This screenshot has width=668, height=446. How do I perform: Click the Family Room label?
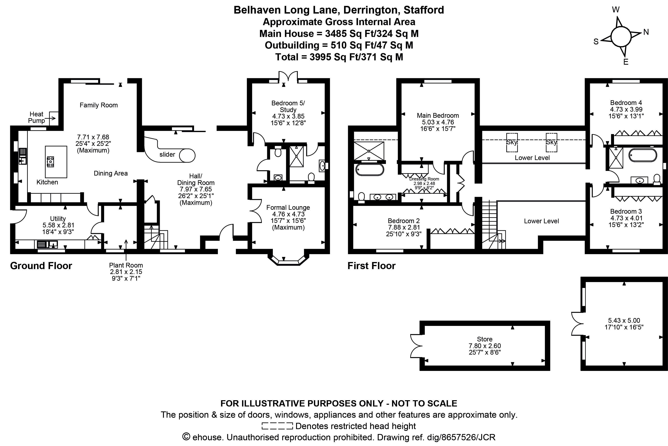99,105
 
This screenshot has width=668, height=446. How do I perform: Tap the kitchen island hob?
50,162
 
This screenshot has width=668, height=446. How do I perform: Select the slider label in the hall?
167,154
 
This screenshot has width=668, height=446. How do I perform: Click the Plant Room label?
126,265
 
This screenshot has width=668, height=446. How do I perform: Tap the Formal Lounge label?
288,208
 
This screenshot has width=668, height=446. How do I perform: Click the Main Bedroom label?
438,116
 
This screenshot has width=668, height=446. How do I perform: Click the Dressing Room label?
424,179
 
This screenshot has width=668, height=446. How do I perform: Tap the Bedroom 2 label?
404,221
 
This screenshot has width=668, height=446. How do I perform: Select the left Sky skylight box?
512,143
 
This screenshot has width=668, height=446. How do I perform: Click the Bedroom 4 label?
626,103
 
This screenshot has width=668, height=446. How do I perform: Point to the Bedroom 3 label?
626,211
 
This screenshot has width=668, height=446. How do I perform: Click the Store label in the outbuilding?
484,339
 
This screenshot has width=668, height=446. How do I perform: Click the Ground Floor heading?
41,266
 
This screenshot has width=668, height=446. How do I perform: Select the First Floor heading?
371,266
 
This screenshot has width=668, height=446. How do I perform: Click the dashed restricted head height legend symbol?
277,426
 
